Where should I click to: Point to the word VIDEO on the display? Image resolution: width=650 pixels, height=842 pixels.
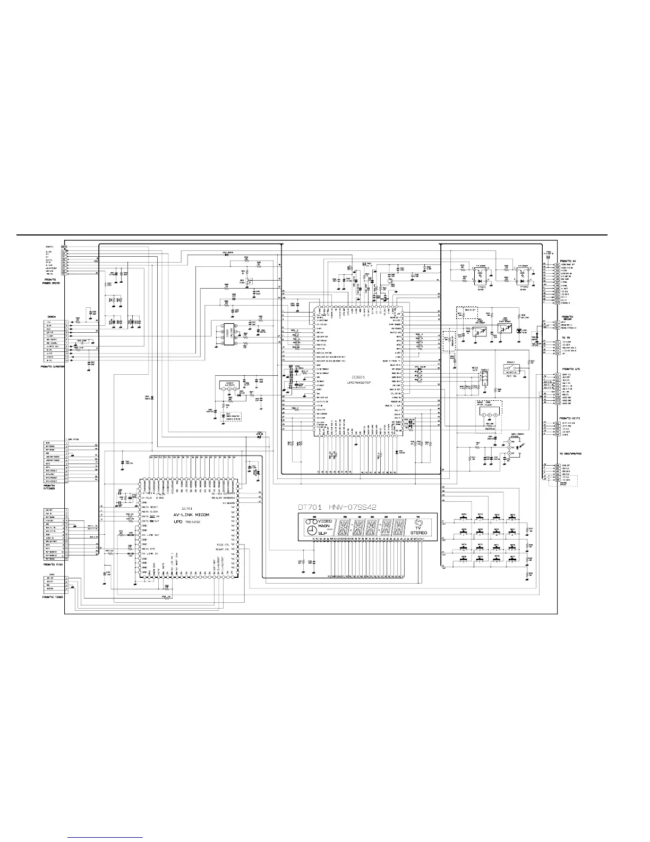tap(326, 521)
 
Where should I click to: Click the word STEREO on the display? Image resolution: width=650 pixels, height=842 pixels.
tap(418, 532)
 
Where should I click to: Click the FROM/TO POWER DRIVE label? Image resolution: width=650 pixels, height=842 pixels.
tap(54, 281)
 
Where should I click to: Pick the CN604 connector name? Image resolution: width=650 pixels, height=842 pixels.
tap(48, 318)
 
